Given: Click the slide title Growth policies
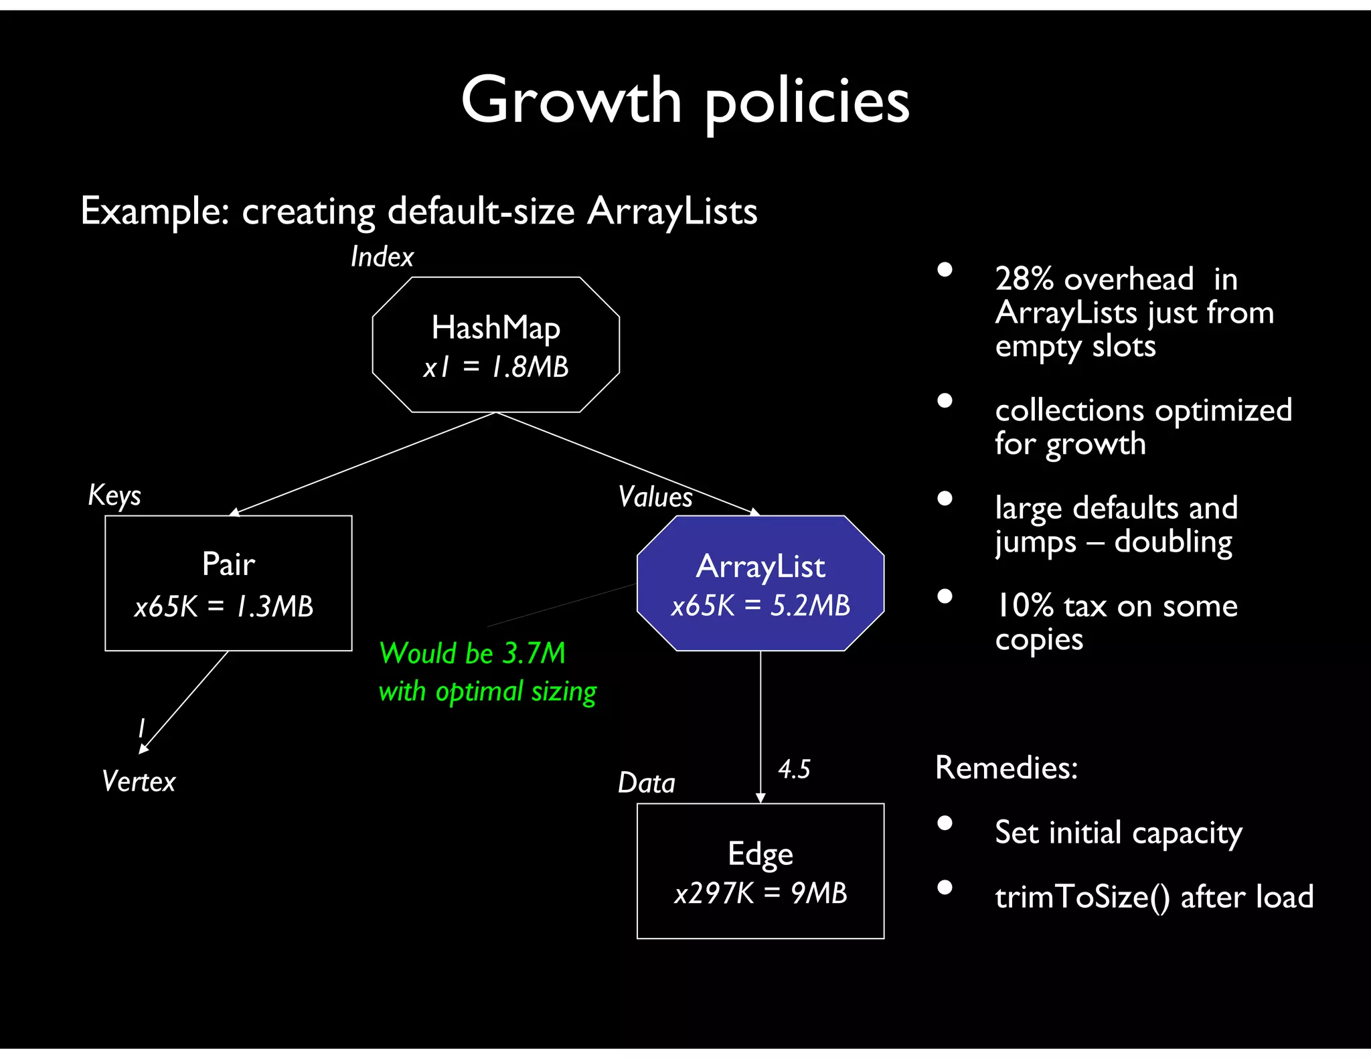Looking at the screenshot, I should point(685,100).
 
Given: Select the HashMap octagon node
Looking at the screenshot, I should point(495,345).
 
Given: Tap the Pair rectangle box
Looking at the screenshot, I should point(228,582).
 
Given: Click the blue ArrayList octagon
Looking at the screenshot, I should point(760,582).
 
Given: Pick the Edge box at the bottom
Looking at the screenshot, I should point(760,870).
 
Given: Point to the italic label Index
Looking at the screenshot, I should point(382,257).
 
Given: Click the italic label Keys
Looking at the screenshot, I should point(114,496).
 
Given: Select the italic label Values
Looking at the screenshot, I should point(655,497).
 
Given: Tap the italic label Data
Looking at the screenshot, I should point(646,783).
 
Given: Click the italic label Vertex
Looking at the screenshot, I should point(139,781).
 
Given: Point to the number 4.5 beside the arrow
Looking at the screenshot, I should point(794,769).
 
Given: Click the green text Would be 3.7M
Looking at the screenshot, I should point(472,653).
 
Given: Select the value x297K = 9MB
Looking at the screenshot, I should point(760,893).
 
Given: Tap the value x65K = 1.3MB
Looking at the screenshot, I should point(224,606).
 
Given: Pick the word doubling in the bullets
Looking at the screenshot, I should point(1173,542).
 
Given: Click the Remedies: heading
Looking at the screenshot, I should point(1006,767).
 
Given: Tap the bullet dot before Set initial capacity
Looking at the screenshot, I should point(945,823).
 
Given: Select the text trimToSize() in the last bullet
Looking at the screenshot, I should point(1082,897).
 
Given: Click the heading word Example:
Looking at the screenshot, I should point(155,211).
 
